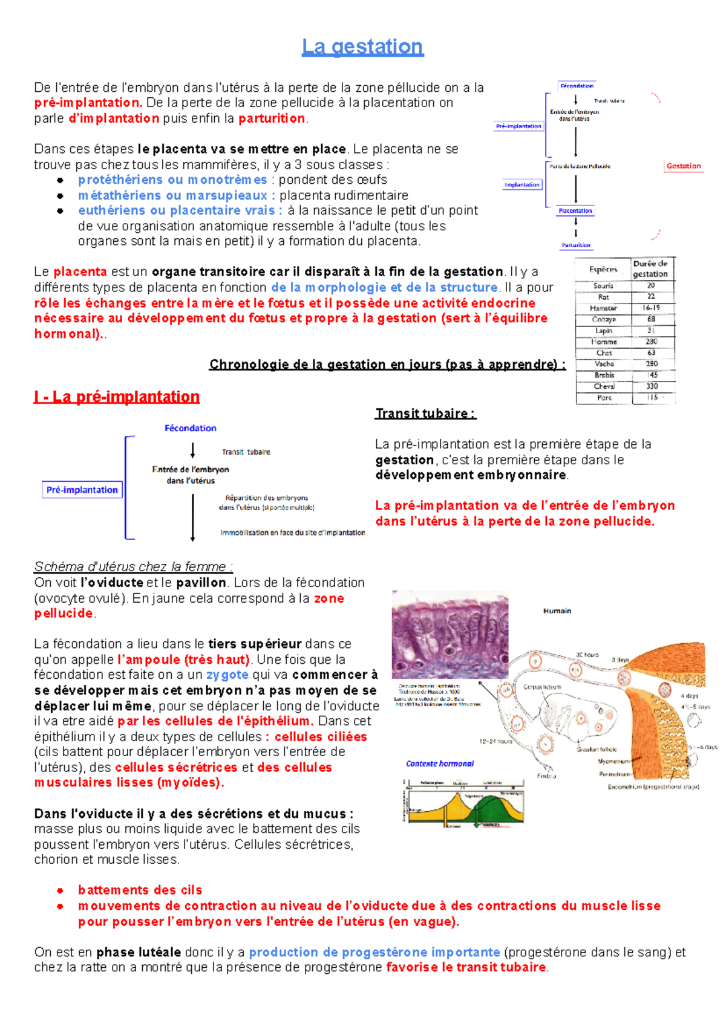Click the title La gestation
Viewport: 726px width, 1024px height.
click(362, 47)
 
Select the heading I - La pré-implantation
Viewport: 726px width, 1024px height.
click(117, 397)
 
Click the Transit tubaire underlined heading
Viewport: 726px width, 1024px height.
click(425, 413)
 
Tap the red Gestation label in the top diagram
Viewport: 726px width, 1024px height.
click(684, 166)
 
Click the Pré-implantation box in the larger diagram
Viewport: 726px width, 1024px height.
click(82, 490)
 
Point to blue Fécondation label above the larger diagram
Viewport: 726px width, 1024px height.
click(190, 428)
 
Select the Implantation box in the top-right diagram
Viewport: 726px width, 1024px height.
click(522, 184)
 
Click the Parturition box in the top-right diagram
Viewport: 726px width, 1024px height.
click(576, 245)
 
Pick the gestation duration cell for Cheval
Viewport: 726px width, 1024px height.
click(652, 386)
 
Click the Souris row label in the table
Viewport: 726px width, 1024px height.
click(603, 285)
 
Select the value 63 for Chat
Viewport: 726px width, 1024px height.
click(652, 352)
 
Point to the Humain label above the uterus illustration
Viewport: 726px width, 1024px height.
click(557, 611)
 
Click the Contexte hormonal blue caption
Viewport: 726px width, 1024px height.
click(440, 763)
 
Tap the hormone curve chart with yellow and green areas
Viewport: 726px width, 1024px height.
click(463, 803)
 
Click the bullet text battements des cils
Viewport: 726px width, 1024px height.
click(140, 890)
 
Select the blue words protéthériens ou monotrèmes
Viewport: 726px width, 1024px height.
click(172, 180)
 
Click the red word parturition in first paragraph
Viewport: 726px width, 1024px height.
click(272, 118)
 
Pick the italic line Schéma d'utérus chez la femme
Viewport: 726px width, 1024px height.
click(133, 566)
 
